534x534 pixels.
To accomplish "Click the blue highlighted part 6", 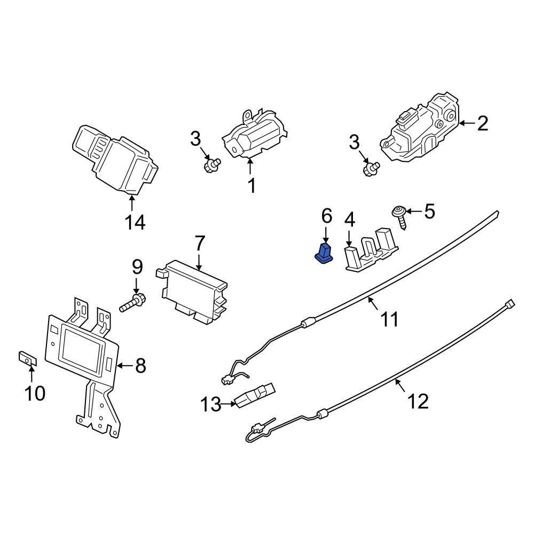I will (x=324, y=254).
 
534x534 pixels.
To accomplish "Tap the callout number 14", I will (x=135, y=222).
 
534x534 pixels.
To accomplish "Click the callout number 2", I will (x=482, y=124).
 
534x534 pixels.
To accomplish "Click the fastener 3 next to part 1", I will (x=212, y=165).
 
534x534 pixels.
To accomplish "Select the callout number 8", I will (x=140, y=366).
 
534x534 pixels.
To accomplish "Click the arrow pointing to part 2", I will (x=466, y=123).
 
